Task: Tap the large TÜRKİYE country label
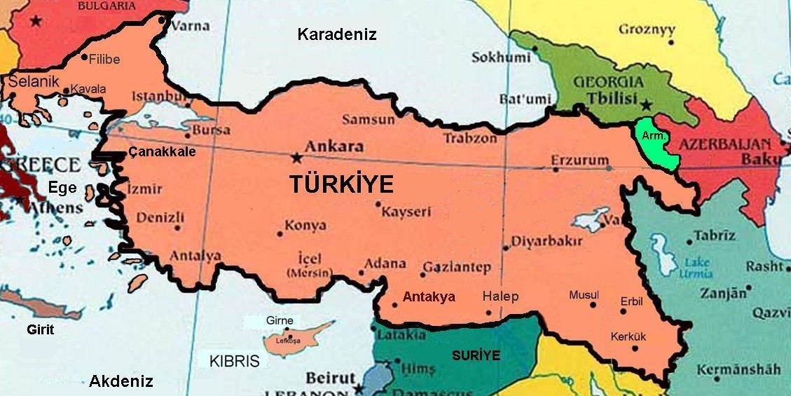click(x=341, y=184)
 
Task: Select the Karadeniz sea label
click(x=336, y=34)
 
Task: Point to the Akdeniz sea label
click(x=121, y=381)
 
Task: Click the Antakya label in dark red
click(x=429, y=296)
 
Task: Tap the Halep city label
click(x=500, y=296)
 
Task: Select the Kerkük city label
click(x=628, y=336)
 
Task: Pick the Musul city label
click(x=584, y=294)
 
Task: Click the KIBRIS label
click(x=234, y=362)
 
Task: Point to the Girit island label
click(x=40, y=329)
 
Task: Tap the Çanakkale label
click(x=162, y=152)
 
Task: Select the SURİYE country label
click(x=476, y=355)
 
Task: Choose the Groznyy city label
click(x=647, y=29)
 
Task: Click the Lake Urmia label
click(x=696, y=268)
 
